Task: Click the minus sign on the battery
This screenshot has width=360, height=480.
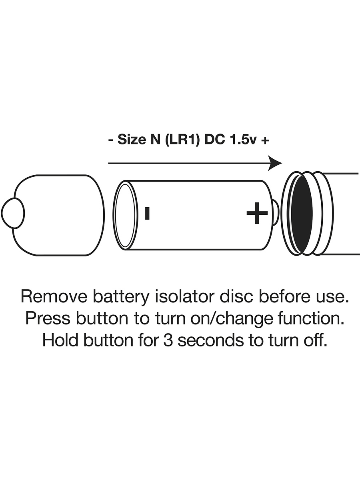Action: [147, 213]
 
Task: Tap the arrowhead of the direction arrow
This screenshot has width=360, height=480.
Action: [276, 163]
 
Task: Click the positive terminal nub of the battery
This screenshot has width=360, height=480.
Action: [276, 213]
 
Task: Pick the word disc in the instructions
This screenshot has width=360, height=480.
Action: [233, 297]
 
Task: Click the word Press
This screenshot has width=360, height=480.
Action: [48, 319]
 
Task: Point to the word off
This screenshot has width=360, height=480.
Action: [315, 341]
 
